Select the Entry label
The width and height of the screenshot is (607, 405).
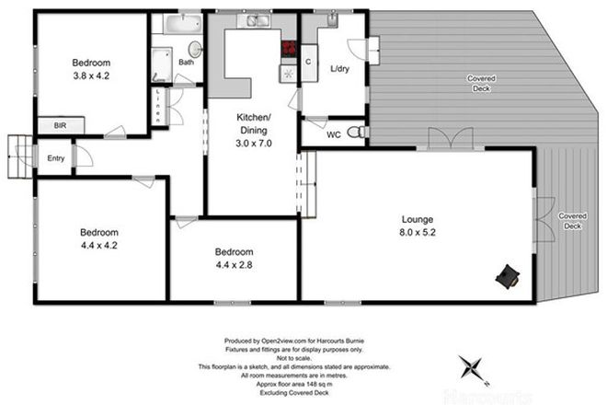pos(56,158)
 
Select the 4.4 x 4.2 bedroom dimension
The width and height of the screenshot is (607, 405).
pos(97,246)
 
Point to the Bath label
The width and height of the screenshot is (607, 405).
pos(187,63)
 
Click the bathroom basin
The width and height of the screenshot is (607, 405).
pos(194,48)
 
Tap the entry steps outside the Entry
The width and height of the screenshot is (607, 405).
pos(19,156)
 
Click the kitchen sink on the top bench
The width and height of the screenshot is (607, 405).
pos(249,20)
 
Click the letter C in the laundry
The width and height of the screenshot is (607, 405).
pos(309,63)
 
